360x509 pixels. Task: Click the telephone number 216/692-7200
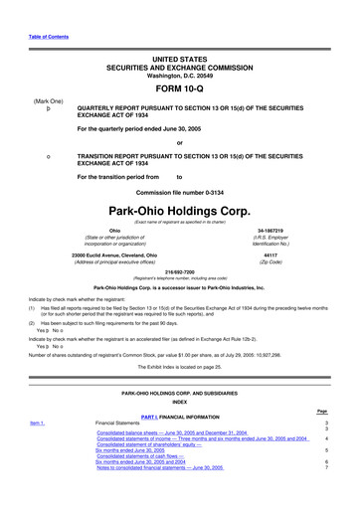click(179, 270)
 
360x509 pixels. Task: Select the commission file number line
click(179, 189)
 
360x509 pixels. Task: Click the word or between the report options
click(179, 140)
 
